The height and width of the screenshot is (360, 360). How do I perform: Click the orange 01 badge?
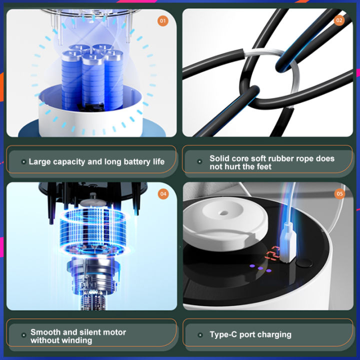(x=163, y=21)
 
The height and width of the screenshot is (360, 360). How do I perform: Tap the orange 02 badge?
(x=339, y=20)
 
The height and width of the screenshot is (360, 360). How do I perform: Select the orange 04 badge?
(x=163, y=194)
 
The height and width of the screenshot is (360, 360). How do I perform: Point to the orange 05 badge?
(x=339, y=194)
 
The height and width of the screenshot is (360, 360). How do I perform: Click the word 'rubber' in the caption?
(x=281, y=158)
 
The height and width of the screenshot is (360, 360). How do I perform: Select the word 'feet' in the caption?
(x=264, y=166)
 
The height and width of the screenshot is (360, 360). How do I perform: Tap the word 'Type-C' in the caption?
(x=223, y=334)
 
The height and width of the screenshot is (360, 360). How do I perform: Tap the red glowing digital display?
(x=272, y=253)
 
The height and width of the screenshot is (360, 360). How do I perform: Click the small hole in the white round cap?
(x=222, y=213)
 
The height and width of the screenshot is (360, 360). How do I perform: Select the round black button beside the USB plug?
(x=304, y=262)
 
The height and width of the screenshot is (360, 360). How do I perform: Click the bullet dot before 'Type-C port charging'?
(x=200, y=335)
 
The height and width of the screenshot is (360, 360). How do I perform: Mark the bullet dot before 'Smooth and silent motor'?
(x=23, y=335)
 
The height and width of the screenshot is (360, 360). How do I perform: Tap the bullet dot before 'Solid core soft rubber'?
(x=199, y=161)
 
